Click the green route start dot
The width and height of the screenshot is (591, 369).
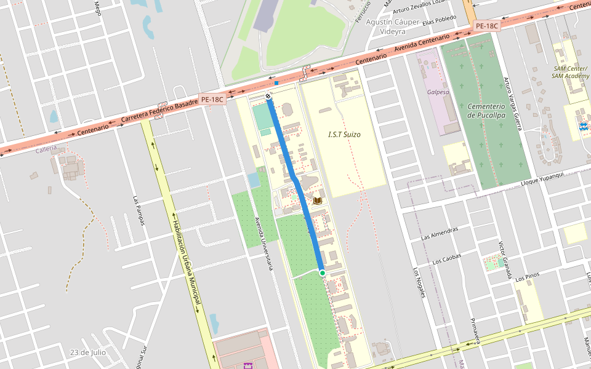coord(322,272)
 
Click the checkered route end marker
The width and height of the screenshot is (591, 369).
coord(268,97)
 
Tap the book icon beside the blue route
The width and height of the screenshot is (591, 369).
coord(318,200)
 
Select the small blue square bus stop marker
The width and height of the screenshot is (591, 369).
coord(276,83)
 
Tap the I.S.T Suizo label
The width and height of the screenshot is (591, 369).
coord(344,134)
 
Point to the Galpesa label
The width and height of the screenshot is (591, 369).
coord(438,92)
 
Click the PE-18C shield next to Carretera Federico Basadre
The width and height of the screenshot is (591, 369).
coord(212,99)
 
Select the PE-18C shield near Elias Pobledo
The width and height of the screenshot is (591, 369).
coord(486,26)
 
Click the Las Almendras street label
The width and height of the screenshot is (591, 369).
coord(440,233)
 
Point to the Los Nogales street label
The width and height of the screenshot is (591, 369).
coord(419,284)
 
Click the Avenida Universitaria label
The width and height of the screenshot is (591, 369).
coord(263,244)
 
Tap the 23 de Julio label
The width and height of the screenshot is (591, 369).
coord(88,352)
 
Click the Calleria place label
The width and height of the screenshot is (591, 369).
coord(46,149)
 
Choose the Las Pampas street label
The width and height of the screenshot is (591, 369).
coord(138,210)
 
